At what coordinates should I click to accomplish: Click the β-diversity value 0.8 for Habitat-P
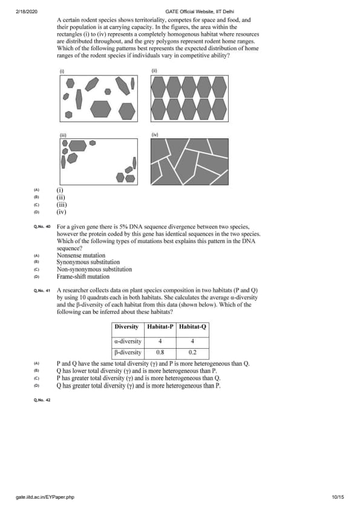pyautogui.click(x=160, y=352)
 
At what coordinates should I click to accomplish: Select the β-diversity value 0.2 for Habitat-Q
pyautogui.click(x=192, y=352)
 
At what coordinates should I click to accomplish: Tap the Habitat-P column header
pyautogui.click(x=160, y=326)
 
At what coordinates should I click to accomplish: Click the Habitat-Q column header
pyautogui.click(x=192, y=326)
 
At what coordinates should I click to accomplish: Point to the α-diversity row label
pyautogui.click(x=128, y=341)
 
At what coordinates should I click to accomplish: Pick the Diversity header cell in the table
pyautogui.click(x=126, y=326)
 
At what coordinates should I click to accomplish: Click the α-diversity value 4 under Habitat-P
pyautogui.click(x=160, y=341)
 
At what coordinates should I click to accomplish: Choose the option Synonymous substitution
pyautogui.click(x=88, y=262)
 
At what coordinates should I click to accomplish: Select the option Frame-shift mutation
pyautogui.click(x=83, y=277)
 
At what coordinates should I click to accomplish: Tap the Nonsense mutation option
pyautogui.click(x=81, y=255)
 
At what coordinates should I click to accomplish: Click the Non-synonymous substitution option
pyautogui.click(x=94, y=269)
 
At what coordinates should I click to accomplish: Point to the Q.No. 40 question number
pyautogui.click(x=42, y=227)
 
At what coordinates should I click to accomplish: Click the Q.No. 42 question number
pyautogui.click(x=42, y=400)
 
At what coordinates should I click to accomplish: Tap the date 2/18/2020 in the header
pyautogui.click(x=26, y=11)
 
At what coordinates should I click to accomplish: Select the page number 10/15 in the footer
pyautogui.click(x=338, y=497)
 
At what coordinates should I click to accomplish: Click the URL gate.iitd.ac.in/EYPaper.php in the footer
pyautogui.click(x=45, y=497)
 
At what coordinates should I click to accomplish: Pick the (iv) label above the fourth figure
pyautogui.click(x=154, y=134)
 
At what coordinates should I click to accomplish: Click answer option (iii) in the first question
pyautogui.click(x=62, y=205)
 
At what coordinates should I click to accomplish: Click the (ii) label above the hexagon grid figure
pyautogui.click(x=154, y=71)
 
